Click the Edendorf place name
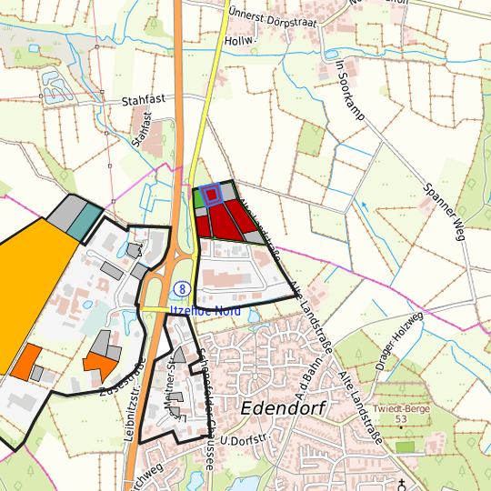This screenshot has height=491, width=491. [284, 408]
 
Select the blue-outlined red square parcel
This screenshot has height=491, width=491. [211, 194]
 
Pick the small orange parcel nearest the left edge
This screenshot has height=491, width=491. [26, 361]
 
